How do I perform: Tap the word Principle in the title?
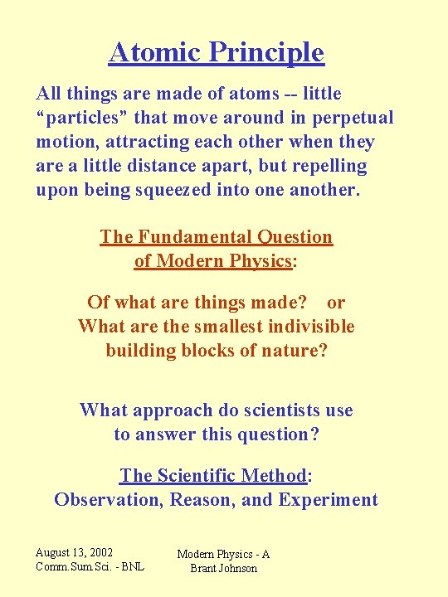click(266, 53)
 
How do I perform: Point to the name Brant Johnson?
click(223, 569)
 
